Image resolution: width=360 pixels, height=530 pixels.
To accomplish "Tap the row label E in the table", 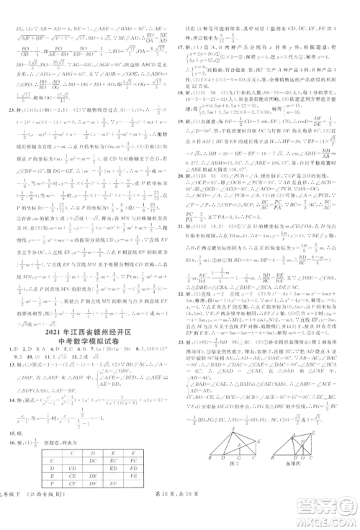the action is tap(29, 434).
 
